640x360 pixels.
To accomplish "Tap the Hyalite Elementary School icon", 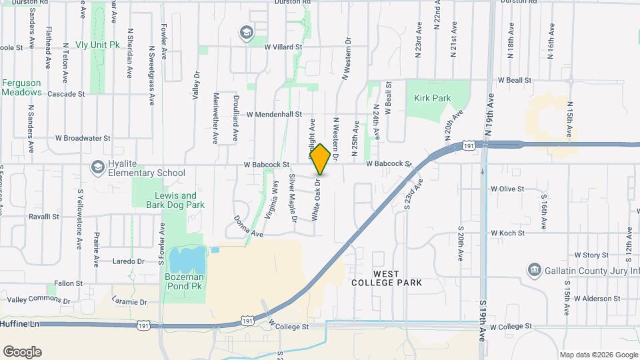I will (x=98, y=166).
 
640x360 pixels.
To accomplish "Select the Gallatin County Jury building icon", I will (x=534, y=270).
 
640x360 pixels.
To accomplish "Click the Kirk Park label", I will (x=432, y=98).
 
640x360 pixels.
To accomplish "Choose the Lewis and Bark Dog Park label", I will (x=175, y=200).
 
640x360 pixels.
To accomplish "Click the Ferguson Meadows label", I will (x=21, y=88).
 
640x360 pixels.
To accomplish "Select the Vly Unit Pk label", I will (x=97, y=45).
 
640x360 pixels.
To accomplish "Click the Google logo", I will (x=22, y=352).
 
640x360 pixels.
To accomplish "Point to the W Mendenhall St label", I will (x=274, y=115).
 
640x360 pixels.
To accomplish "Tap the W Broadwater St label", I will (x=82, y=138).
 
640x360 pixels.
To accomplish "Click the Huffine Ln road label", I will (x=21, y=323).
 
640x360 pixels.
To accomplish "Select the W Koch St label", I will (x=508, y=233).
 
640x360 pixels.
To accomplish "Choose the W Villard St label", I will (x=283, y=47).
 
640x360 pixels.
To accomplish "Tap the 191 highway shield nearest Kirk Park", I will (x=468, y=145).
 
